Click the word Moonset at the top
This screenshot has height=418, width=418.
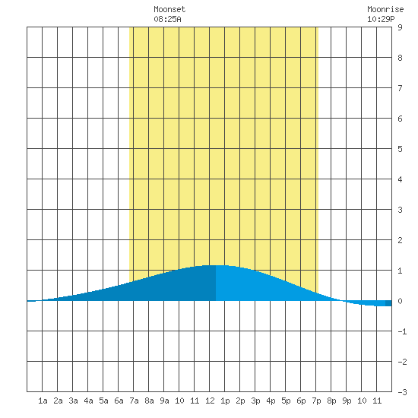pos(169,9)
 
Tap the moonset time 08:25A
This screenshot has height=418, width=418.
pos(167,19)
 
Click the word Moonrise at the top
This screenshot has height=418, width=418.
pos(385,9)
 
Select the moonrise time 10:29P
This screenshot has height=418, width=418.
pos(381,19)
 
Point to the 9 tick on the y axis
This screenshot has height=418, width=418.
pos(400,27)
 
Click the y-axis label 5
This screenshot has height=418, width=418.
pos(400,149)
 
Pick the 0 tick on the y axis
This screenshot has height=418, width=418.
pos(400,301)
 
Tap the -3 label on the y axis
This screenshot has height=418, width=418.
pos(402,392)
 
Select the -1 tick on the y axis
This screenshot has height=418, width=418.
pos(402,331)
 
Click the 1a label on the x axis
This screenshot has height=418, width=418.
pos(43,401)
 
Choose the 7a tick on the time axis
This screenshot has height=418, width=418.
pos(134,401)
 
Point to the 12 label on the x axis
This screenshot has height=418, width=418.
pos(210,401)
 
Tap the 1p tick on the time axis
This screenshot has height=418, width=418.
pos(225,401)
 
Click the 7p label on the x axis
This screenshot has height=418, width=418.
pos(316,401)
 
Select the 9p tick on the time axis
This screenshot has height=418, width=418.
pos(347,401)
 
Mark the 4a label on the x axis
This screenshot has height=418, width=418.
pos(88,401)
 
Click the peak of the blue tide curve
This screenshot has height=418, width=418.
pos(216,265)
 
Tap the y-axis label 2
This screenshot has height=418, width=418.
pos(400,240)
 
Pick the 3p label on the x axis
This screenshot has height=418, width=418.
pos(255,401)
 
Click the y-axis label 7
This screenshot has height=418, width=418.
pos(400,88)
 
